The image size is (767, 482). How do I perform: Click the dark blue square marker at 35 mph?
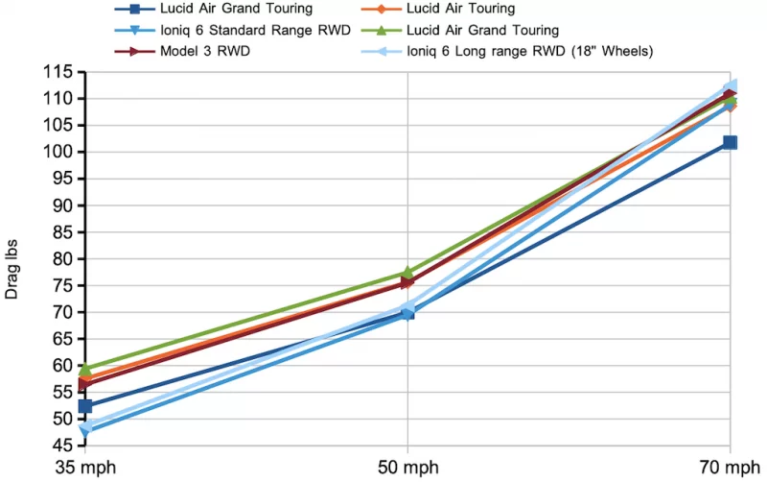pyautogui.click(x=85, y=406)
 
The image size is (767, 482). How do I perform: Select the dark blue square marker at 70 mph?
pyautogui.click(x=730, y=142)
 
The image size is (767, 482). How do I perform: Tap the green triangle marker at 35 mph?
pyautogui.click(x=85, y=369)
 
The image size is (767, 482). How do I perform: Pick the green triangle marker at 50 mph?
pyautogui.click(x=407, y=273)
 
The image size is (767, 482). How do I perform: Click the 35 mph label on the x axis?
pyautogui.click(x=85, y=470)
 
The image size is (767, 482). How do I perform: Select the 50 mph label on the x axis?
pyautogui.click(x=407, y=470)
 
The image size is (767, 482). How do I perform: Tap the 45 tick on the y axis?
pyautogui.click(x=63, y=446)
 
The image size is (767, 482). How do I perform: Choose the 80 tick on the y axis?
pyautogui.click(x=63, y=259)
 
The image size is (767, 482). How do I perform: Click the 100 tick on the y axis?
pyautogui.click(x=59, y=152)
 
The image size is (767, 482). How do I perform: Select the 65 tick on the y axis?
pyautogui.click(x=63, y=339)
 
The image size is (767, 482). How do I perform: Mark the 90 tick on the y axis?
pyautogui.click(x=63, y=205)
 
